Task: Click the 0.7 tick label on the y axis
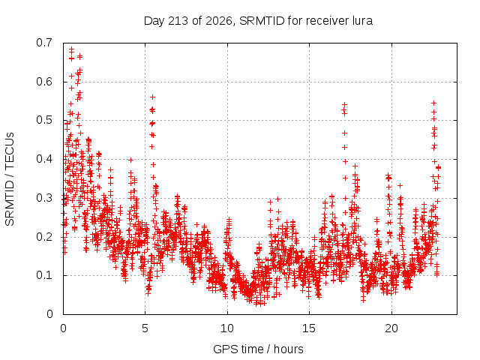tap(44, 43)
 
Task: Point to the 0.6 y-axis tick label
tap(44, 82)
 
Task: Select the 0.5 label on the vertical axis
tap(44, 120)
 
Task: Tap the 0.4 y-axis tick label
tap(44, 159)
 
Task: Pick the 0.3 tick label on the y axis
tap(44, 198)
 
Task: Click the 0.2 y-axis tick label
tap(44, 237)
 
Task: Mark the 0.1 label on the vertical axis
tap(44, 275)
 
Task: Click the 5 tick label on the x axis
tap(145, 328)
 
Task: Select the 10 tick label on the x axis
tap(227, 328)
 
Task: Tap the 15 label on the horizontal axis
tap(309, 328)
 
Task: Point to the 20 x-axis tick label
tap(391, 328)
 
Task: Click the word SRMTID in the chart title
tap(262, 21)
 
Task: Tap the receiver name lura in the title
tap(362, 21)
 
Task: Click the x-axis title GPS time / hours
tap(258, 349)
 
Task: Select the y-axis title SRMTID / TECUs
tap(10, 179)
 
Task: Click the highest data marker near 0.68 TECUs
tap(72, 49)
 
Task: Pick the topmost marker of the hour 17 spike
tap(344, 105)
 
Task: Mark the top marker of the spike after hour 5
tap(152, 97)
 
